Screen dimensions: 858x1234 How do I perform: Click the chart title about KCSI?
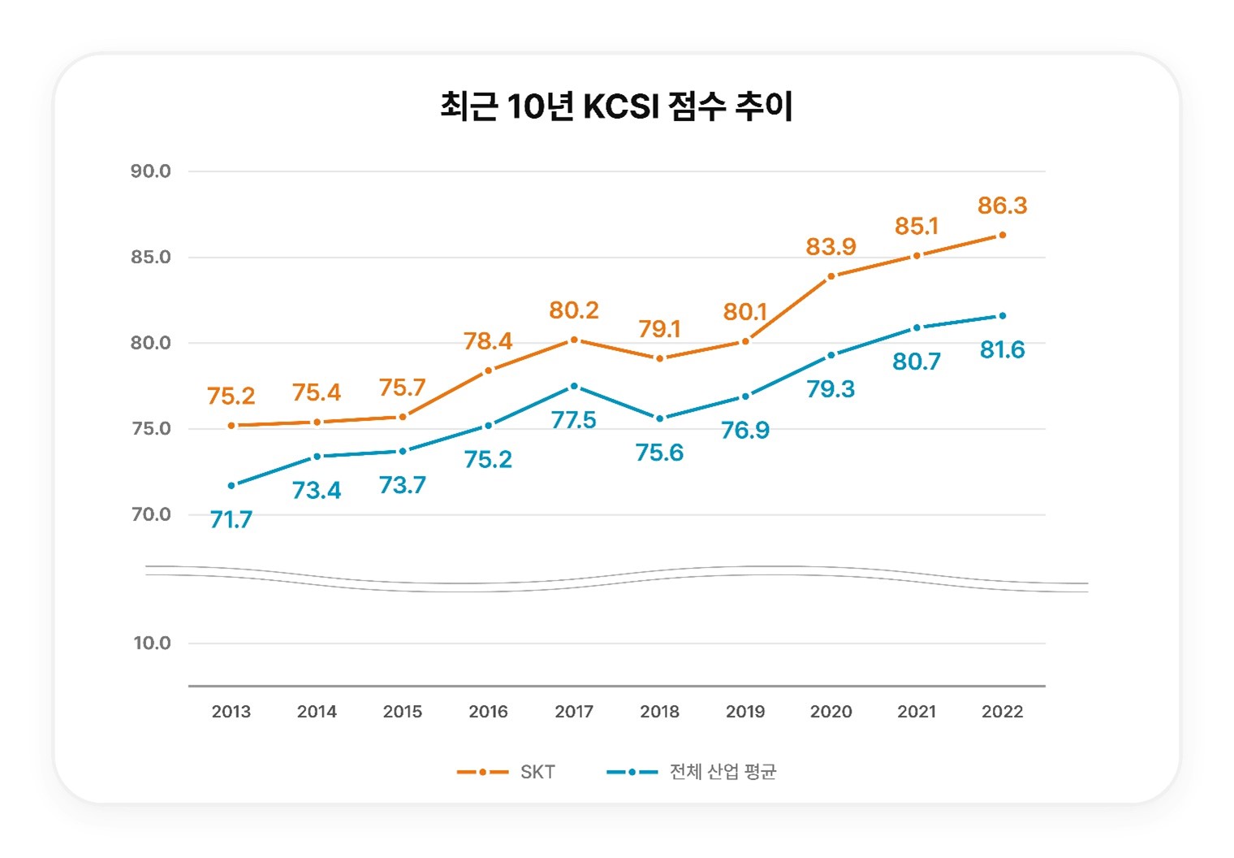[x=616, y=106]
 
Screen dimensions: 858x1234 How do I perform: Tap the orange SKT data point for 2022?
[x=1002, y=236]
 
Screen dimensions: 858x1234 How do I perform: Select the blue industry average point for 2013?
[x=231, y=486]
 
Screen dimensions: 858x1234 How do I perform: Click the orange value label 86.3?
[x=1002, y=206]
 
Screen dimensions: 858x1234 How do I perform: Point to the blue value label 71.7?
[x=231, y=519]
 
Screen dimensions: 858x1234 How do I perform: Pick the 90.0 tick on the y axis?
[x=151, y=171]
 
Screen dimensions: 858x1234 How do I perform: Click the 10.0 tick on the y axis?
[x=152, y=643]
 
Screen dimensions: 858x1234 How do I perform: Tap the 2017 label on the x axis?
[x=574, y=712]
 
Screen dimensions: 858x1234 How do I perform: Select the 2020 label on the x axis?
[x=831, y=712]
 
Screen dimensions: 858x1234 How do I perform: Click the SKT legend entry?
[x=507, y=772]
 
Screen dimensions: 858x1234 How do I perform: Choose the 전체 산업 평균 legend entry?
[x=692, y=772]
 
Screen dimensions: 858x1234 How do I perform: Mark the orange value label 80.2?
[x=574, y=310]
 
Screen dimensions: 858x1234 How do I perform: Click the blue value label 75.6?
[x=659, y=453]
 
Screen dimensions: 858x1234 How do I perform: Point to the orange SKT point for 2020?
[x=831, y=276]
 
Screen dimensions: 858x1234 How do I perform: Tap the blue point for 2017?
[x=574, y=387]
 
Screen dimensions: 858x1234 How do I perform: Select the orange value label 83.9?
[x=831, y=246]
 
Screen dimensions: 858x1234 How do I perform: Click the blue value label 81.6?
[x=1002, y=350]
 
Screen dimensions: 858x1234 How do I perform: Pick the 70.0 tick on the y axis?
[x=151, y=514]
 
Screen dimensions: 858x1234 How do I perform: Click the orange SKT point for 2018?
[x=659, y=358]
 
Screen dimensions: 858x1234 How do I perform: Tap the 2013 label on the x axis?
[x=231, y=712]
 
